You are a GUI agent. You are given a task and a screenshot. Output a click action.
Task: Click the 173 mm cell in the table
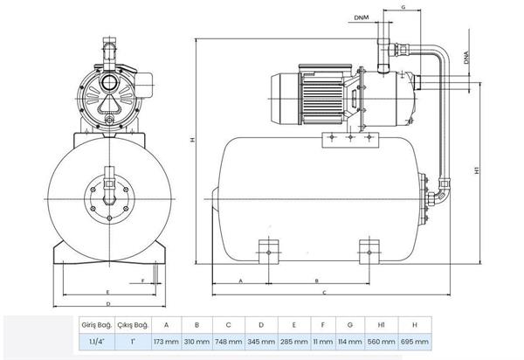(x=166, y=342)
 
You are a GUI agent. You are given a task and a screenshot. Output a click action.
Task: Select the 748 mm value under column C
(x=228, y=342)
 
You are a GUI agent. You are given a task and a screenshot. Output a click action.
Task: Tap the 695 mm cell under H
(x=414, y=342)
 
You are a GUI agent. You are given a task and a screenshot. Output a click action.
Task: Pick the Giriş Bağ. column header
(x=97, y=325)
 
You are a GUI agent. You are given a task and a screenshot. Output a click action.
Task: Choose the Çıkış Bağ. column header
(x=133, y=325)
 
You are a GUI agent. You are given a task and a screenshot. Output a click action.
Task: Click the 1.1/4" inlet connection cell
(x=97, y=342)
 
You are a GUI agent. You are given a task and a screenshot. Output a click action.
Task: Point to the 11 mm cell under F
(x=323, y=342)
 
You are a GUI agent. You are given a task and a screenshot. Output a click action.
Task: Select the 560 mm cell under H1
(x=381, y=342)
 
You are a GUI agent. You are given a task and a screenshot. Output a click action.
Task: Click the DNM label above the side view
(x=362, y=17)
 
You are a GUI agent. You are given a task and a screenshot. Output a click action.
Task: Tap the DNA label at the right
(x=466, y=58)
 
